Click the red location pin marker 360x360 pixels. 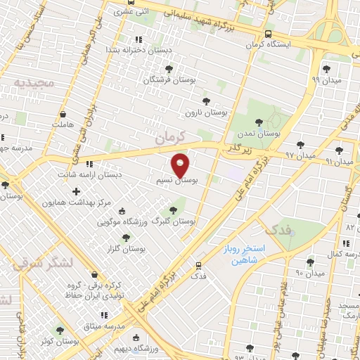[x=181, y=165]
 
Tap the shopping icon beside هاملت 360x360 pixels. [x=63, y=113]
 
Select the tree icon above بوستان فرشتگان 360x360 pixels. [x=169, y=68]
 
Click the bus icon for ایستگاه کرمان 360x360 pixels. [x=269, y=33]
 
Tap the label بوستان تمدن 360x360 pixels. [x=264, y=131]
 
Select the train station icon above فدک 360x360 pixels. [x=200, y=265]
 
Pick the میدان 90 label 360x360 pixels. [x=309, y=273]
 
